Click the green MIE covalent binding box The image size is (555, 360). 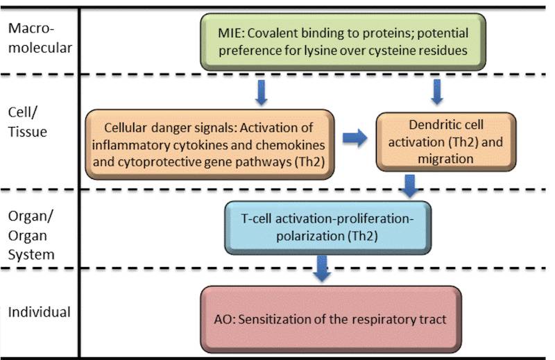[x=342, y=42]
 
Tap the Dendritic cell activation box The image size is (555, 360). [x=446, y=143]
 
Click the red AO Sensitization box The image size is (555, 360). [x=330, y=319]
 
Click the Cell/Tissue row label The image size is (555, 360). [x=26, y=123]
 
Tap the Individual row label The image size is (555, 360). [x=39, y=312]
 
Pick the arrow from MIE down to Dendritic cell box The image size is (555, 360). [x=436, y=91]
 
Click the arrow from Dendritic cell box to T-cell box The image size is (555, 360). [x=409, y=185]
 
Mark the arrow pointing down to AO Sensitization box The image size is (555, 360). [x=321, y=268]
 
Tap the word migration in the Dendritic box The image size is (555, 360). [x=445, y=159]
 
